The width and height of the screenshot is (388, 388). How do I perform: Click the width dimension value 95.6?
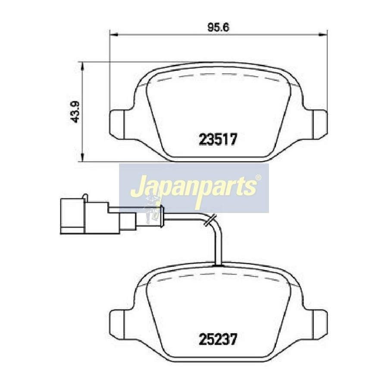click(218, 27)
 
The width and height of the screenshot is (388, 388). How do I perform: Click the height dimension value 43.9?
click(75, 112)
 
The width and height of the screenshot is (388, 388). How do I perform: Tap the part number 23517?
click(218, 139)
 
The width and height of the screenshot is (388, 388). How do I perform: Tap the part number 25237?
click(218, 339)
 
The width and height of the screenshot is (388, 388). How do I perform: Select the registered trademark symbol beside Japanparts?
click(258, 178)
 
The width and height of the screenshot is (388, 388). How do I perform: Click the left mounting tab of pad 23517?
click(117, 124)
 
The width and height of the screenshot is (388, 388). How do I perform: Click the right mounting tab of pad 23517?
click(320, 124)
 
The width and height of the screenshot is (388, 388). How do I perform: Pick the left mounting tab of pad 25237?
click(117, 324)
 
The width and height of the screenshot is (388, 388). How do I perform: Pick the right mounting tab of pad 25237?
click(320, 324)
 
